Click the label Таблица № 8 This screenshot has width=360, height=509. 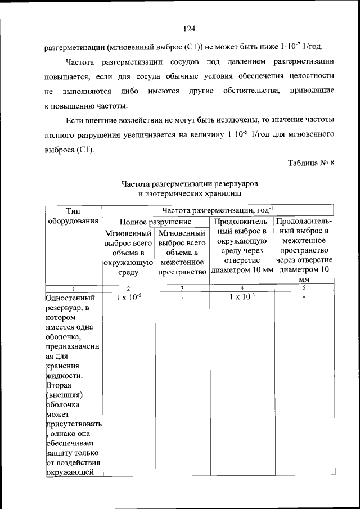click(x=311, y=163)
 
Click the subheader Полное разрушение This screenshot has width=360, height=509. click(x=156, y=222)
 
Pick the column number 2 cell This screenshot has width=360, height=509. click(x=128, y=287)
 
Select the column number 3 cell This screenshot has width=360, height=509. click(x=182, y=287)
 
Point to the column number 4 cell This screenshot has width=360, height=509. click(x=242, y=287)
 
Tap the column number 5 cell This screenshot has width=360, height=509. click(x=304, y=287)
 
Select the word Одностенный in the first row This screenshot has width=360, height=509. click(x=70, y=298)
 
